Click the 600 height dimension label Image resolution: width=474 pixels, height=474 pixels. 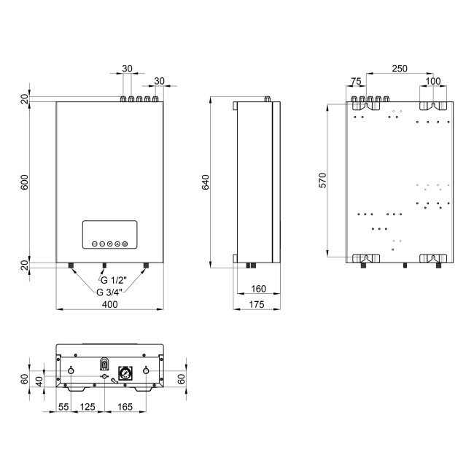(x=24, y=182)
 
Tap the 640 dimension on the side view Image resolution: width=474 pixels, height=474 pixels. (x=205, y=182)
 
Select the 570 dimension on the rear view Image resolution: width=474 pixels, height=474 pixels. (x=322, y=180)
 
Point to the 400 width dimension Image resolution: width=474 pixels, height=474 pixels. (x=109, y=304)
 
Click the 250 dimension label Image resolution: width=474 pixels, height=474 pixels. (x=400, y=69)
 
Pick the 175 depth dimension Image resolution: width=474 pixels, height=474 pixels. (x=257, y=304)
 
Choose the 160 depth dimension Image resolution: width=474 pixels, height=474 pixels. (x=258, y=289)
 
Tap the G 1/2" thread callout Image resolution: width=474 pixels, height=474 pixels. (x=113, y=280)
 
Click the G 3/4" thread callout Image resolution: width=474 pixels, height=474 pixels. (x=109, y=292)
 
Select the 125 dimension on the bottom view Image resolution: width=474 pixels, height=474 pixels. (x=88, y=407)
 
